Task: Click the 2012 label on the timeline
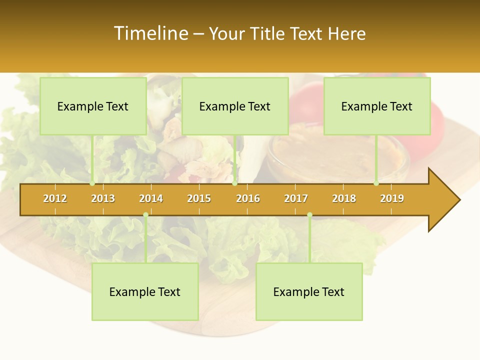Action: click(x=55, y=198)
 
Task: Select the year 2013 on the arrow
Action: click(x=103, y=198)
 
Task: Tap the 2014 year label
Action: click(x=151, y=198)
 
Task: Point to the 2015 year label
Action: click(x=199, y=198)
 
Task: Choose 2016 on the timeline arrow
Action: click(x=248, y=198)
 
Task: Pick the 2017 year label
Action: click(x=296, y=198)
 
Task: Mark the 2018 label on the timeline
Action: click(x=344, y=198)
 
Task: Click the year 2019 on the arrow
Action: click(x=392, y=198)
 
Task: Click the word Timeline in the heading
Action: click(x=150, y=33)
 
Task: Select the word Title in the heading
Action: click(x=268, y=33)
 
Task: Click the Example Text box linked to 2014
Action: click(x=145, y=291)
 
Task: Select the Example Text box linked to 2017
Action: click(x=309, y=291)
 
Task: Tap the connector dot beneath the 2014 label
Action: click(x=145, y=215)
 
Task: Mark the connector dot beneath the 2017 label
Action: click(x=309, y=215)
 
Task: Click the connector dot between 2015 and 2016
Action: click(x=234, y=183)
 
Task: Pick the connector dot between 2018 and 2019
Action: click(x=376, y=183)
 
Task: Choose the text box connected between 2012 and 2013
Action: click(x=93, y=106)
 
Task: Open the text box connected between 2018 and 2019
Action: click(x=377, y=106)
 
